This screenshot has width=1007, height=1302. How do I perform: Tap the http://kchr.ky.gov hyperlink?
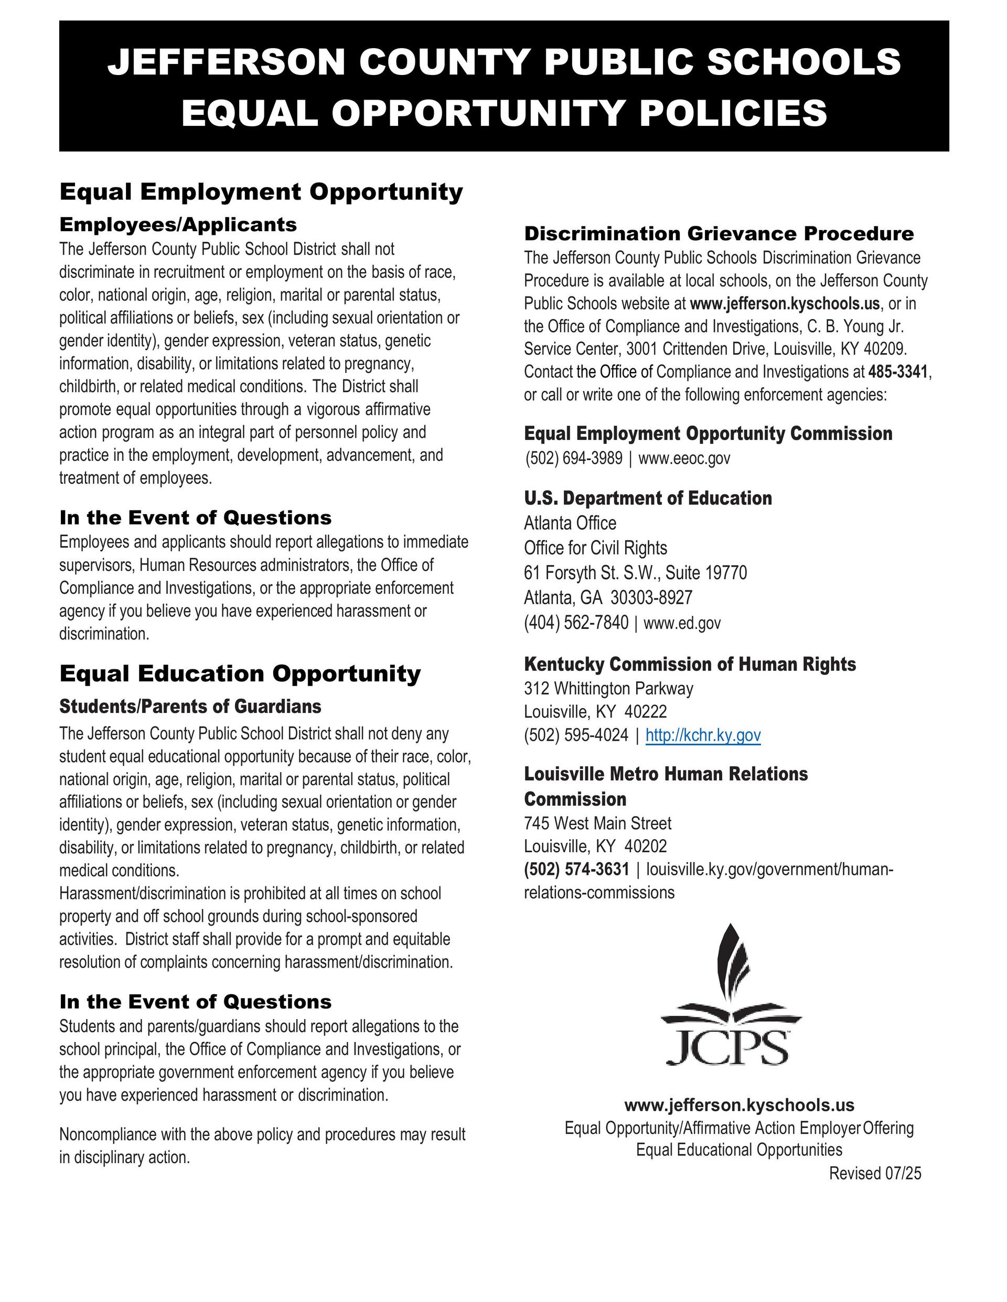coord(703,735)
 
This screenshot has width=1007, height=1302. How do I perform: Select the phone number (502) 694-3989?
coord(574,459)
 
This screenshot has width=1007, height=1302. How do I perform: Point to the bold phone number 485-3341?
coord(898,372)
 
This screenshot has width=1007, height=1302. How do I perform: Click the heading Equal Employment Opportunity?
coord(261,192)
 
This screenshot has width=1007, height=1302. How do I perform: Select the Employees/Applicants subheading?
coord(178,225)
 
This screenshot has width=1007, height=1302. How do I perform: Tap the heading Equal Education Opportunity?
coord(240,674)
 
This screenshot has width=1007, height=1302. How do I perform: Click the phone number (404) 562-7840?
coord(576,623)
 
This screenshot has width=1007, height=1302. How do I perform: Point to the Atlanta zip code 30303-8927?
coord(651,598)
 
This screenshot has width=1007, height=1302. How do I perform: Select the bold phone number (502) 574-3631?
coord(576,869)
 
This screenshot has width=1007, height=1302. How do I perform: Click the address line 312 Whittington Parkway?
coord(608,689)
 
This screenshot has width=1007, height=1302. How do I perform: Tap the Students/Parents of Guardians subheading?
coord(190,707)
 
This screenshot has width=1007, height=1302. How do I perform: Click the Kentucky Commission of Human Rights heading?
coord(690,664)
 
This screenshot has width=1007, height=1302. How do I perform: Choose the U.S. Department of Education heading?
coord(648,498)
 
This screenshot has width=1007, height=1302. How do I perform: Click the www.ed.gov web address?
coord(682,623)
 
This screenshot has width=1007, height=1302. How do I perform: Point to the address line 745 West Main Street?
coord(598,823)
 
